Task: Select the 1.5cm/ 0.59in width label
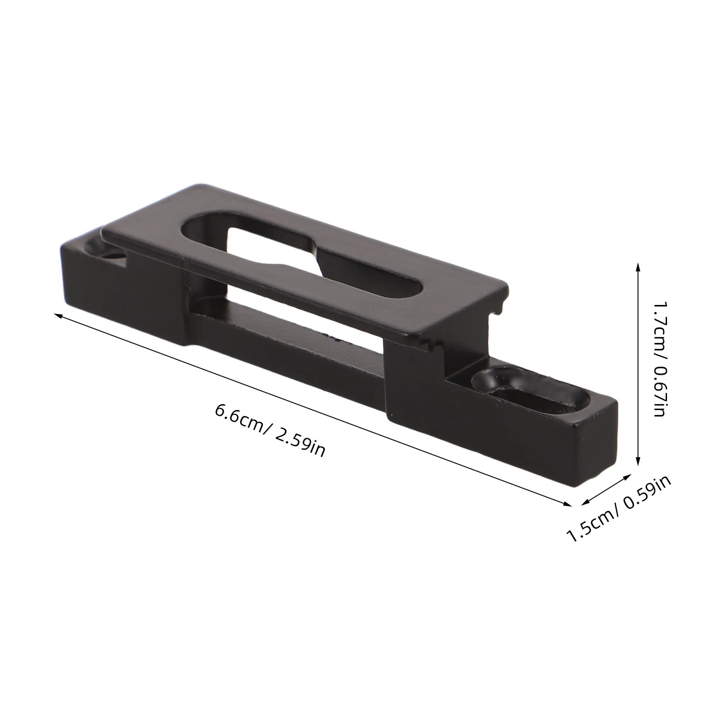pos(619,509)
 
